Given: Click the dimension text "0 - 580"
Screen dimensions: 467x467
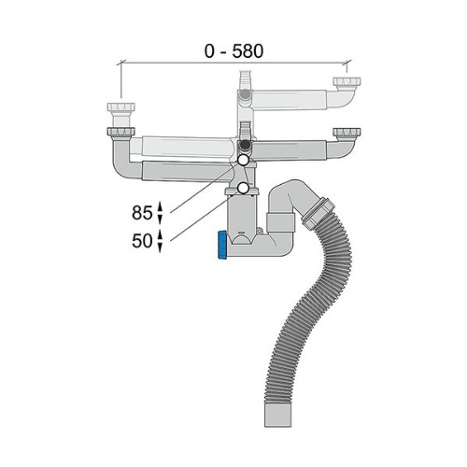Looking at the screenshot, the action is (233, 51).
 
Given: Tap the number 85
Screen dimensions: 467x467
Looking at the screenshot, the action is (142, 213).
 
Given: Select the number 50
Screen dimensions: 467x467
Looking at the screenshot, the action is (142, 241).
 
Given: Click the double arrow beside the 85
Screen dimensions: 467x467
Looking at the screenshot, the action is (160, 213).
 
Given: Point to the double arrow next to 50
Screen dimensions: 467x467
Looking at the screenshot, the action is (160, 241).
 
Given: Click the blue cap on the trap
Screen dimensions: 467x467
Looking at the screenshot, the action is (222, 245).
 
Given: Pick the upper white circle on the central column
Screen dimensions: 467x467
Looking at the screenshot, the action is (243, 161).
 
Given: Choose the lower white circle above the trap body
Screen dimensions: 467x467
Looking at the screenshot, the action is (243, 188).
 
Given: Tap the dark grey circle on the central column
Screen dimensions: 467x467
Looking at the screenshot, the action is (246, 145).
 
